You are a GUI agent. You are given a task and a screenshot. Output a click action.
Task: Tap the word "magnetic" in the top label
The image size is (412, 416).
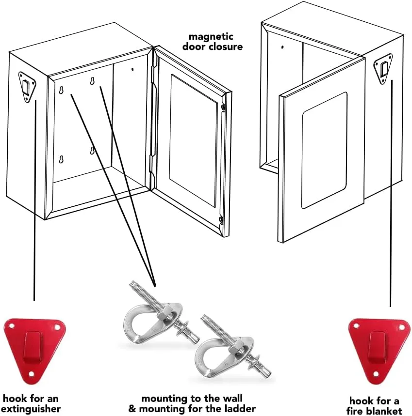point(211,37)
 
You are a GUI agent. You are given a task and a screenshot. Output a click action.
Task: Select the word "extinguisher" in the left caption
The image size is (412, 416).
point(34,409)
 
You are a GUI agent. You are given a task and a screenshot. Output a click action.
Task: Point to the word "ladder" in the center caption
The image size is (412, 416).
point(239,409)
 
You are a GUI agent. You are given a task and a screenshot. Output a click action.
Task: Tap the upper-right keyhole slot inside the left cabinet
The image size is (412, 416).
point(91,82)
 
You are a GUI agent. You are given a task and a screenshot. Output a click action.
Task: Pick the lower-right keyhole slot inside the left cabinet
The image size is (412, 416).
point(91,151)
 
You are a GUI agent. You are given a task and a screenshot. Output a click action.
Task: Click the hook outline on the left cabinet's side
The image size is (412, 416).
point(27,87)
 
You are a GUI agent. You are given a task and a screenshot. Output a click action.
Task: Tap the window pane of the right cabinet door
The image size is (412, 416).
point(324,150)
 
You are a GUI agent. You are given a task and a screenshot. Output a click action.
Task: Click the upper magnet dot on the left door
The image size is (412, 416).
point(223,107)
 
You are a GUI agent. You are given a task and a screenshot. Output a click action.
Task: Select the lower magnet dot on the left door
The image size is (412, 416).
point(221,220)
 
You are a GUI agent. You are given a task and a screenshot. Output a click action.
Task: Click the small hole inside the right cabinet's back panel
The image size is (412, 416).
point(282,47)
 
